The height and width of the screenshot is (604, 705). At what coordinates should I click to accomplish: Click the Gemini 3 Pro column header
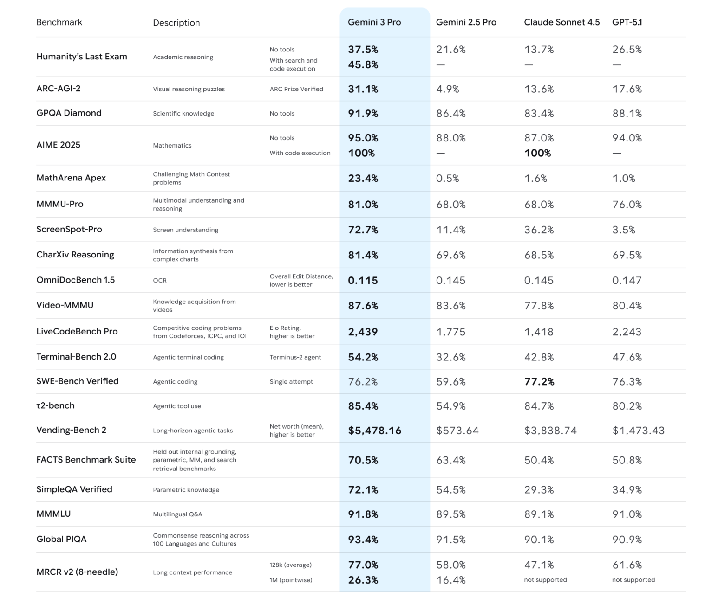(x=374, y=22)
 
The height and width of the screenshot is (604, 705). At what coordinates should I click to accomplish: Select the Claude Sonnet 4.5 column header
(x=561, y=22)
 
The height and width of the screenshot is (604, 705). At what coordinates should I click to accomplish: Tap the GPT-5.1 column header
(x=627, y=22)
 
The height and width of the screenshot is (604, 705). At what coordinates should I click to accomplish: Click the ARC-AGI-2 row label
(x=59, y=89)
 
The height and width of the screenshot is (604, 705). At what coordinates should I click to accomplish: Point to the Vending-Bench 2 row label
(x=71, y=430)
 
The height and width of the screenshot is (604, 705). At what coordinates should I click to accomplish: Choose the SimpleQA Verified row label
(x=74, y=489)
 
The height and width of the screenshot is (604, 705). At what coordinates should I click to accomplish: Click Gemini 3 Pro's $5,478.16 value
(x=374, y=431)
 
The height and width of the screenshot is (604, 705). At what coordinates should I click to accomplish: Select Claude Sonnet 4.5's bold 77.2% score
(x=539, y=382)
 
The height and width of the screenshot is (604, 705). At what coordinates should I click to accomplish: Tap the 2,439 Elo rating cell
(x=363, y=332)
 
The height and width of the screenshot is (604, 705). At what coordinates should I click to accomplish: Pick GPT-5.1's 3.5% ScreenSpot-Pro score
(x=624, y=230)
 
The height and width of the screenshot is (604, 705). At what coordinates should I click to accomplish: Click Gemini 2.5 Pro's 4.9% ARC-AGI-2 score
(x=447, y=89)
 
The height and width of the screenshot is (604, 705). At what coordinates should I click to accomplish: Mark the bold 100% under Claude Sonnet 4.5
(x=537, y=153)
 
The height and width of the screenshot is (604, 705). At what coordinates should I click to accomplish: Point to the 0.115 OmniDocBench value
(x=363, y=280)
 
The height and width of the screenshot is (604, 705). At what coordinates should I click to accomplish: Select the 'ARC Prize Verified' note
(x=296, y=89)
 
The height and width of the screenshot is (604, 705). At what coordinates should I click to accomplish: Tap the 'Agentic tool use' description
(x=177, y=406)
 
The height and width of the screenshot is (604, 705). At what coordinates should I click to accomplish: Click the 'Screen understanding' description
(x=185, y=230)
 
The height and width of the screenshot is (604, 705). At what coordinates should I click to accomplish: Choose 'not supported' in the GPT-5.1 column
(x=633, y=580)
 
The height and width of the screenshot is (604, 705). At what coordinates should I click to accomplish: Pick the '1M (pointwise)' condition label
(x=291, y=580)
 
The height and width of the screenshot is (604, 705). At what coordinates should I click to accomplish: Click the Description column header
(x=176, y=23)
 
